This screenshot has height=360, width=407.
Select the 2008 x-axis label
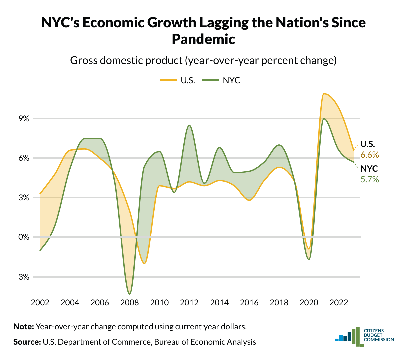(x=130, y=303)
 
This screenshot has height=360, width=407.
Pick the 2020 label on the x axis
(x=309, y=303)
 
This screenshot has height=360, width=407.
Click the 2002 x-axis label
(x=40, y=303)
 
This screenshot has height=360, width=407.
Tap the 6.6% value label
(x=370, y=155)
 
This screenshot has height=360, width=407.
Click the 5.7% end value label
(x=370, y=180)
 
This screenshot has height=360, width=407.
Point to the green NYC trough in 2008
(x=129, y=294)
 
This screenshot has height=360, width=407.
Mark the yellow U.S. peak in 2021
(x=324, y=94)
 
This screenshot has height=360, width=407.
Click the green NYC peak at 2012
(x=189, y=125)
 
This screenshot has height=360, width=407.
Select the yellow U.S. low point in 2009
(x=144, y=263)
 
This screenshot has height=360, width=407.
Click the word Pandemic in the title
(x=203, y=39)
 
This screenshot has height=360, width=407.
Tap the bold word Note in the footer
(x=23, y=327)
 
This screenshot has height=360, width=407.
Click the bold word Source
(x=27, y=342)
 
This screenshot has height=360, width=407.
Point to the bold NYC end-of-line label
(x=369, y=169)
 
